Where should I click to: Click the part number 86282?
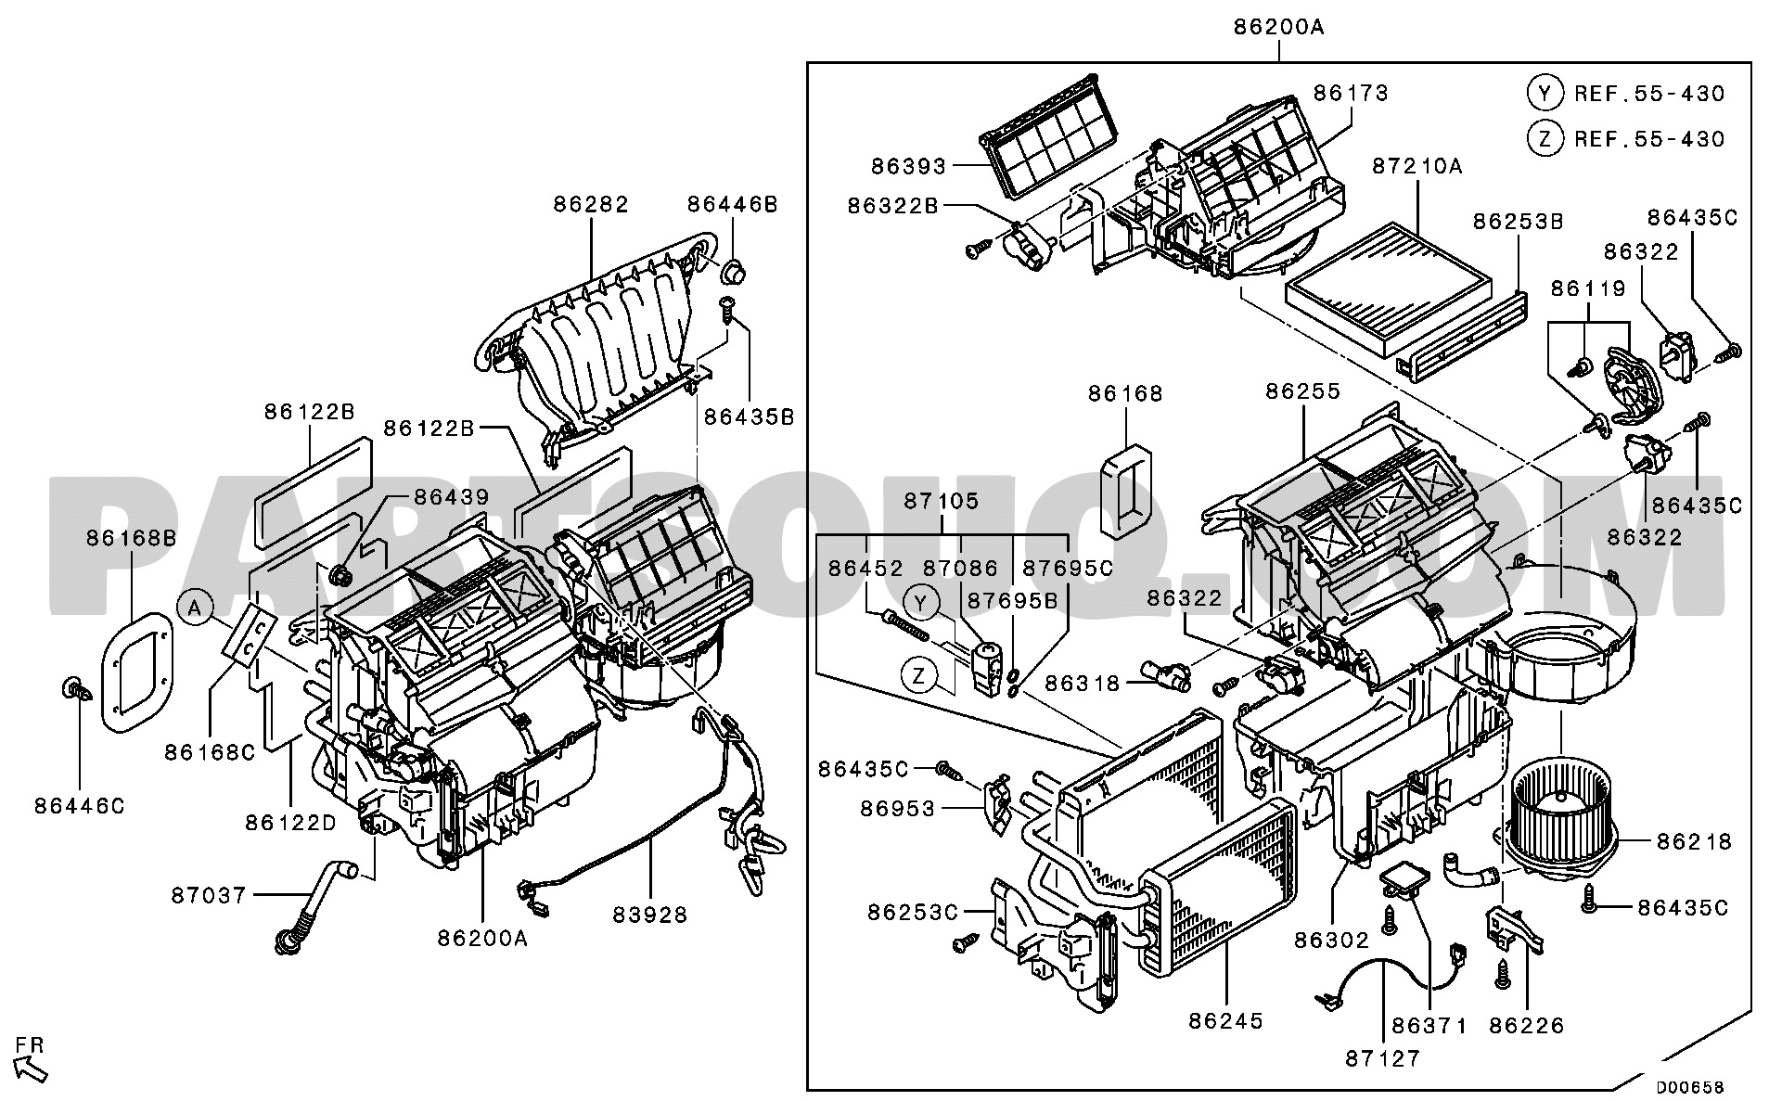pos(592,204)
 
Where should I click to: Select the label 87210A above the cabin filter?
pos(1417,166)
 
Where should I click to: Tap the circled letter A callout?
pos(193,608)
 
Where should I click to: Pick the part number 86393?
pos(908,167)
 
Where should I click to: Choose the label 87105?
pos(941,501)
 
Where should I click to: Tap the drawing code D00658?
pos(1690,1087)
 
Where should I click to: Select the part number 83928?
pos(650,915)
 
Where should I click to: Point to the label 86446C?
pos(80,806)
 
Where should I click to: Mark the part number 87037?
pos(209,895)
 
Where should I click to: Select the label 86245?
pos(1226,1021)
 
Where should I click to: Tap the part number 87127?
pos(1382,1058)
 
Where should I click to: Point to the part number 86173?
pos(1351,93)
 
